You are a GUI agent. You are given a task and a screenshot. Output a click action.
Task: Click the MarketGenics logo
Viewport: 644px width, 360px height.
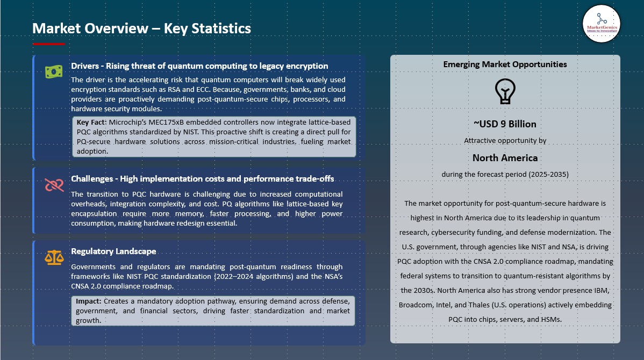[602, 24]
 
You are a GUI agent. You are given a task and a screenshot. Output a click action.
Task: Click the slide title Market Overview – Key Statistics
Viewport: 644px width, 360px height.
[141, 28]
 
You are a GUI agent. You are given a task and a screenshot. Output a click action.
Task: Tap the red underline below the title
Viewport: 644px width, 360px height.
[49, 44]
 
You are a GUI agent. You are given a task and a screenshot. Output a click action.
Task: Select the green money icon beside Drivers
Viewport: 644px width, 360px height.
[54, 71]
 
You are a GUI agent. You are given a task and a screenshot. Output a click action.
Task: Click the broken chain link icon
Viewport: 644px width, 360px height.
[54, 185]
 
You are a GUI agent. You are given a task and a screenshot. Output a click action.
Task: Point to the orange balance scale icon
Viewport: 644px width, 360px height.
[54, 257]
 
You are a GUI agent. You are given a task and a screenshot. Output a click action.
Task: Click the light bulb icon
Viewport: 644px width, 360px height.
[505, 91]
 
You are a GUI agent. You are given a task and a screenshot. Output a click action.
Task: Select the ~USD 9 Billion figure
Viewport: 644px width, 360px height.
[505, 124]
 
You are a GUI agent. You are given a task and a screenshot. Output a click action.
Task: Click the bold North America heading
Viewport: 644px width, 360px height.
[505, 158]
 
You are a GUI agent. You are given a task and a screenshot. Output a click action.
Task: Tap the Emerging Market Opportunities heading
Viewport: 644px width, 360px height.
[505, 64]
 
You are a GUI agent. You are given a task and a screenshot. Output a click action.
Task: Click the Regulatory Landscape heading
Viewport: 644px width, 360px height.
[113, 251]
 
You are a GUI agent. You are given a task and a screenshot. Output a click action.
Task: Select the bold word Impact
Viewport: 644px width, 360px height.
[89, 301]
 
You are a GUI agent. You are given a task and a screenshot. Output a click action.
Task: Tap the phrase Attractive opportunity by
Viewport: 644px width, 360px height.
[505, 141]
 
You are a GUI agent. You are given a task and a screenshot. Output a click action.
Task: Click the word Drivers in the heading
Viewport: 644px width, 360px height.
[85, 66]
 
